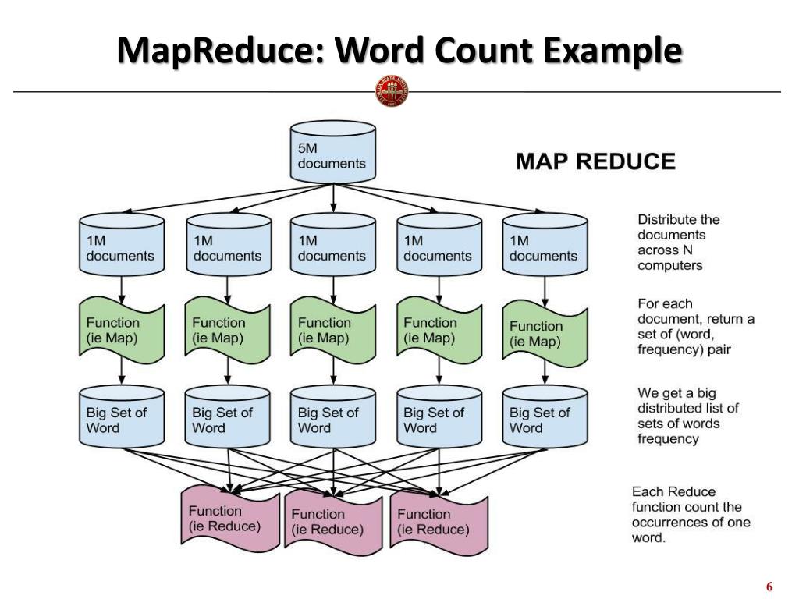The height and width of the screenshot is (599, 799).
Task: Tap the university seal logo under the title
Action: coord(392,91)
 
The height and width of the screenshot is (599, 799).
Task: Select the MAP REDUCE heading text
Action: coord(595,161)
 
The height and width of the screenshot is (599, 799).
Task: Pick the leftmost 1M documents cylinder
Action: coord(121,245)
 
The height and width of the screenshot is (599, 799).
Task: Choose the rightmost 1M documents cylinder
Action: coord(544,245)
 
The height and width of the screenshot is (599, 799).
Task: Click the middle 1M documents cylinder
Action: coord(333,245)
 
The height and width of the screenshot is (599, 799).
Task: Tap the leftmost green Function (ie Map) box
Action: coord(121,329)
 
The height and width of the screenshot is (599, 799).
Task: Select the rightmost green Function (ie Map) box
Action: coord(544,334)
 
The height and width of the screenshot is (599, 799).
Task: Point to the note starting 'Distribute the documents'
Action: coord(678,242)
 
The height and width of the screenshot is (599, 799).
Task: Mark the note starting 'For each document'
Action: coord(695,326)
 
